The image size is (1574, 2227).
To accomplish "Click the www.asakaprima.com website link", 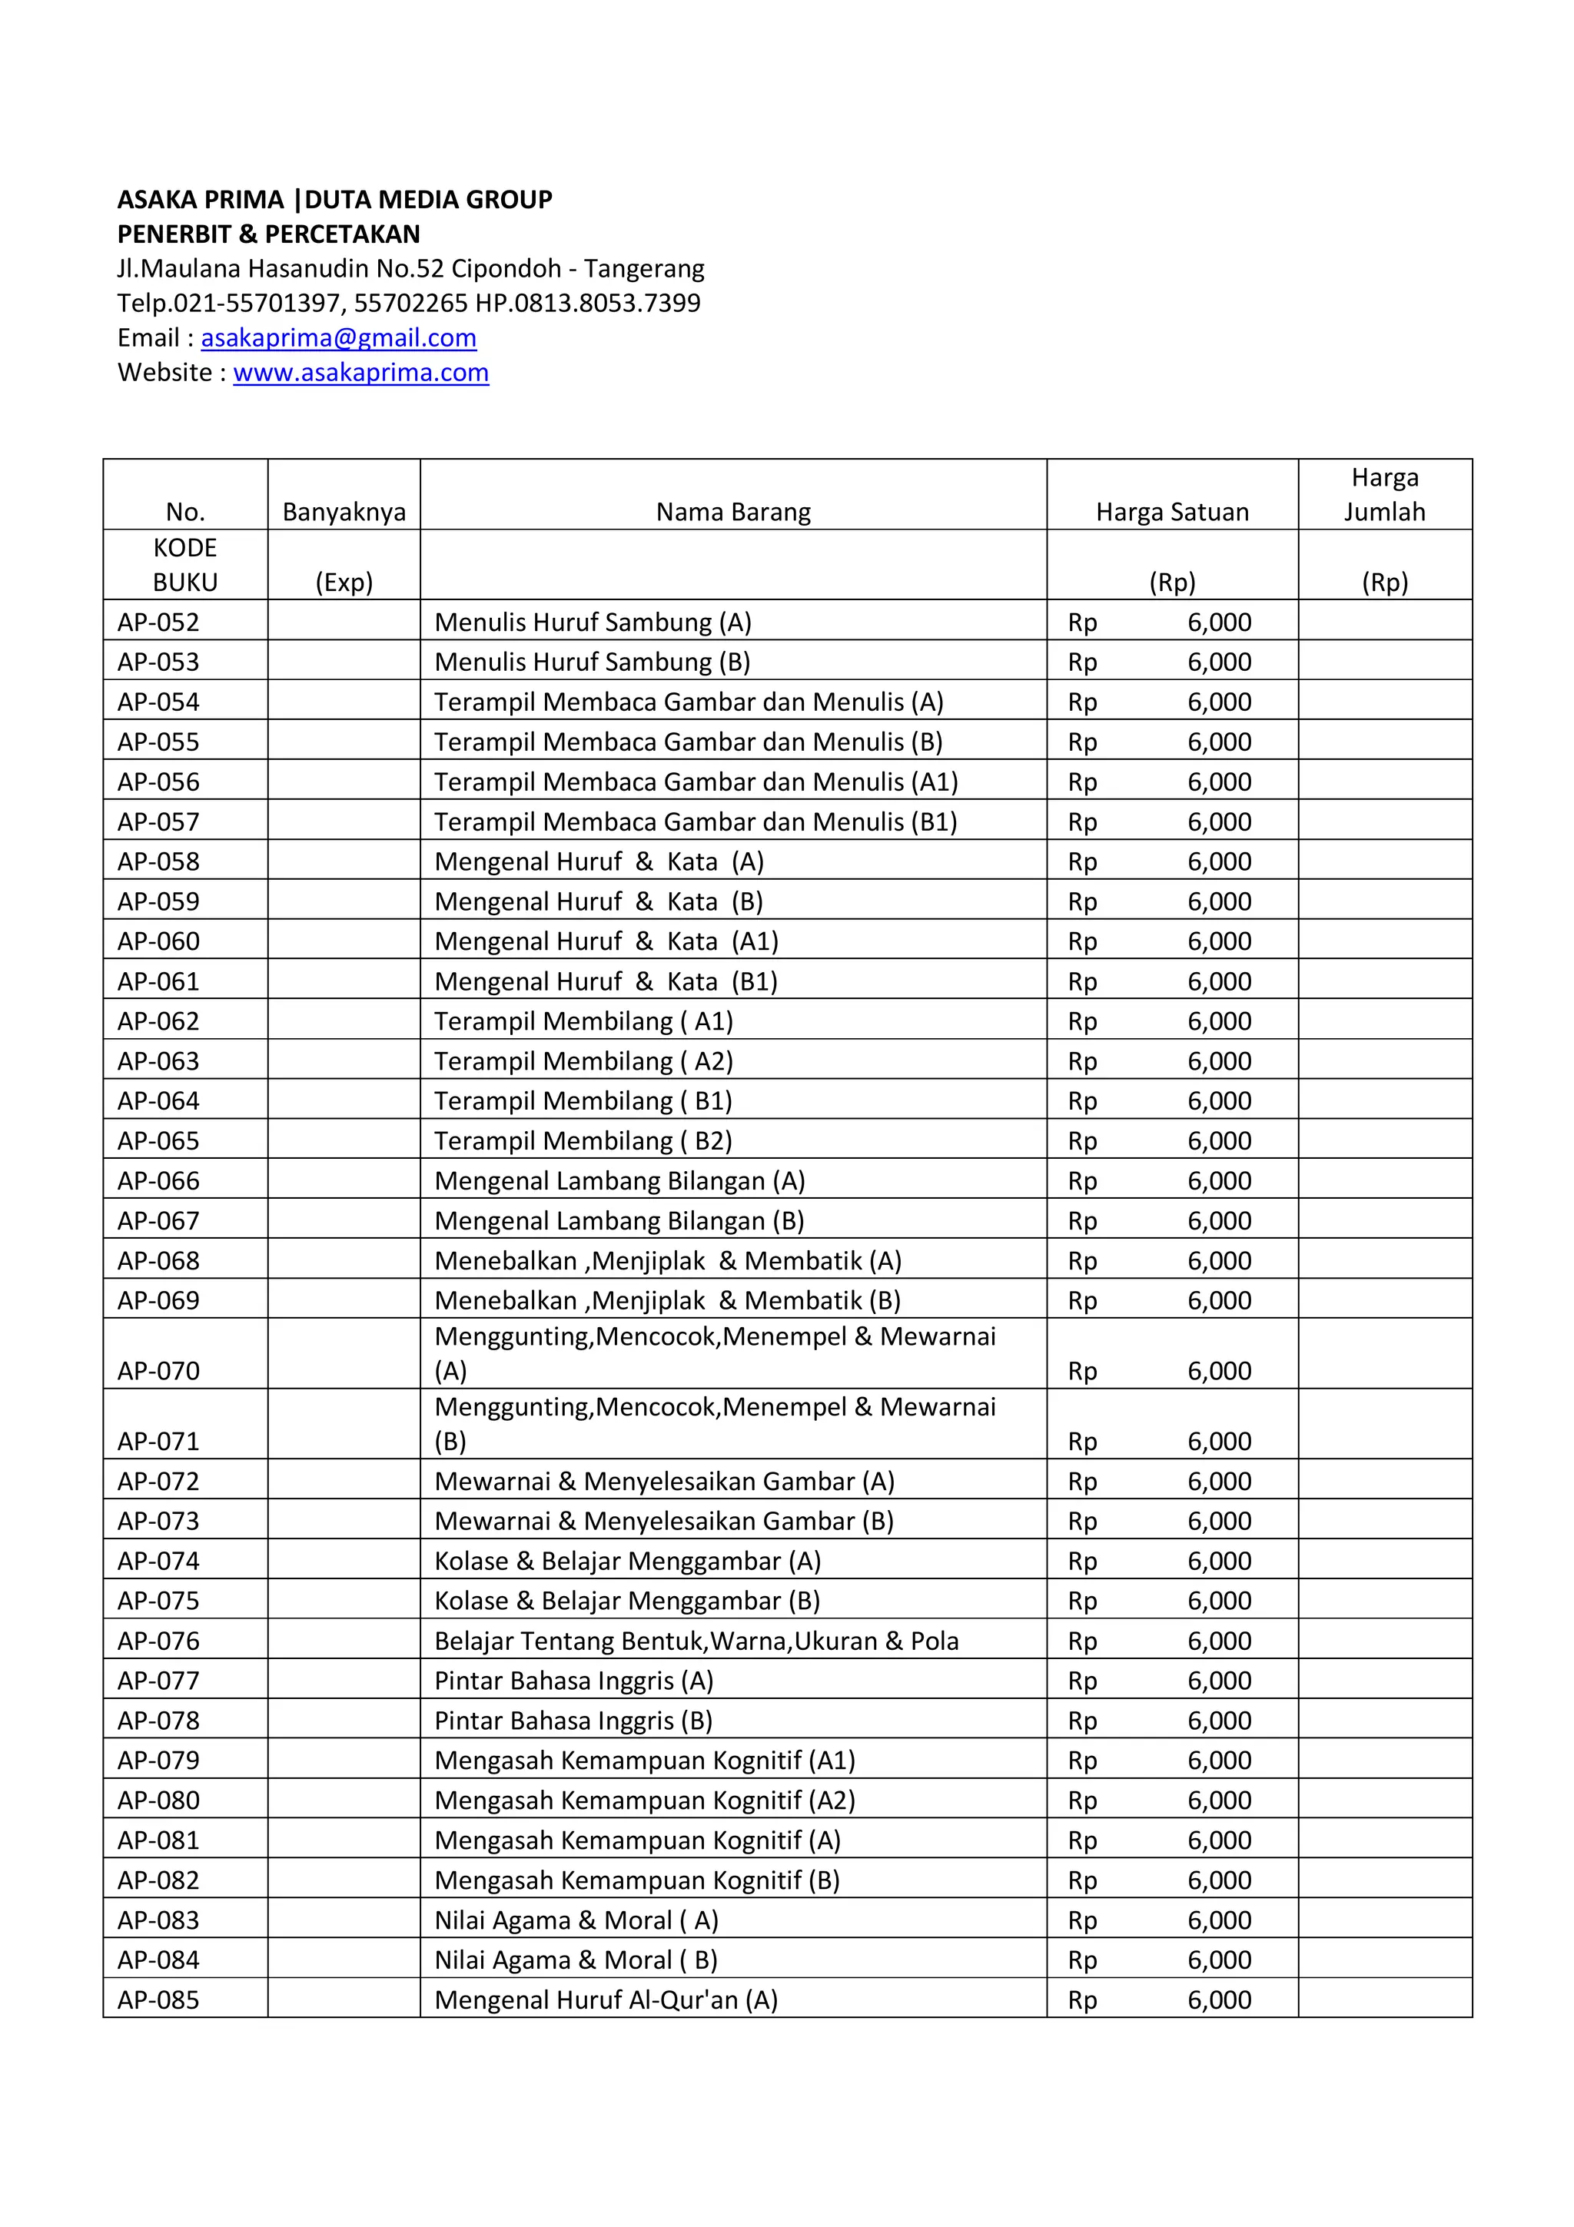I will (360, 373).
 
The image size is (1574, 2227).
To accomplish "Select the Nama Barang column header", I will (733, 512).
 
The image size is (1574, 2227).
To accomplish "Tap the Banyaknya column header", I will (344, 512).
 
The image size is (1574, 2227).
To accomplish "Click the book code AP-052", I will (158, 622).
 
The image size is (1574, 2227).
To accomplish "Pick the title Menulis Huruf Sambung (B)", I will (592, 662).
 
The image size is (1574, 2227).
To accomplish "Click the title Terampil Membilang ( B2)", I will (583, 1140).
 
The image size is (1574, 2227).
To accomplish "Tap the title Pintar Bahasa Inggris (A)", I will (573, 1680).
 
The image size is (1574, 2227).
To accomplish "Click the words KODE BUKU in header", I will (185, 565).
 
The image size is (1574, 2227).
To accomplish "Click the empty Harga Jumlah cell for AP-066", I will (1384, 1180).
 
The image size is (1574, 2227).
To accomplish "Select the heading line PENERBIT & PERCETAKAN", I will (269, 234).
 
